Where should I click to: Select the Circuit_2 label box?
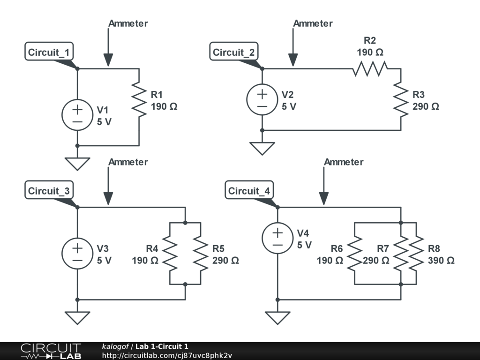pyautogui.click(x=233, y=52)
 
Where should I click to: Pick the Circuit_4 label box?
pyautogui.click(x=249, y=191)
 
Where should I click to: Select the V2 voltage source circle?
pyautogui.click(x=262, y=100)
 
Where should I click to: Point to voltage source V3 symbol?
pyautogui.click(x=77, y=254)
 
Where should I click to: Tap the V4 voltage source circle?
pyautogui.click(x=277, y=238)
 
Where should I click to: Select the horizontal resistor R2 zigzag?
pyautogui.click(x=370, y=69)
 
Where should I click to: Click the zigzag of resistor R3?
pyautogui.click(x=401, y=100)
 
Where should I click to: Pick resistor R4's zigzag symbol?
pyautogui.click(x=170, y=254)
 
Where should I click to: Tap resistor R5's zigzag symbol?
pyautogui.click(x=201, y=254)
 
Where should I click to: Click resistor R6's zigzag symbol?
pyautogui.click(x=355, y=254)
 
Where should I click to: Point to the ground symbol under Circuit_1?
pyautogui.click(x=77, y=163)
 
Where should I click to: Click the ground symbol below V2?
pyautogui.click(x=262, y=148)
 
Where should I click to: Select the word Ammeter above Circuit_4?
pyautogui.click(x=344, y=162)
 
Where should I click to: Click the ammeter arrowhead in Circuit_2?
pyautogui.click(x=293, y=60)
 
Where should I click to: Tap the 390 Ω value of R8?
pyautogui.click(x=441, y=261)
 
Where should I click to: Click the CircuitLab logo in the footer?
pyautogui.click(x=50, y=351)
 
